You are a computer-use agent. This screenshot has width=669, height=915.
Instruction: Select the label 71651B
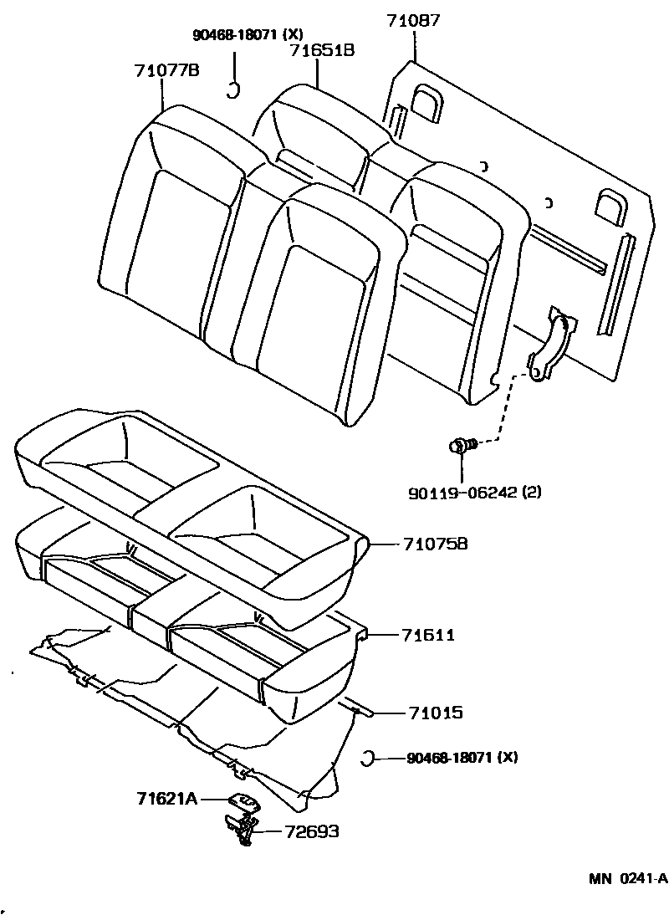pyautogui.click(x=322, y=50)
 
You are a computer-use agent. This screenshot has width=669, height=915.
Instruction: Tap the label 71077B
pyautogui.click(x=166, y=70)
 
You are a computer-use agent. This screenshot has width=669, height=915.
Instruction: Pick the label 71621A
pyautogui.click(x=166, y=799)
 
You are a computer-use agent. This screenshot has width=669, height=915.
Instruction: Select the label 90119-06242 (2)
pyautogui.click(x=475, y=492)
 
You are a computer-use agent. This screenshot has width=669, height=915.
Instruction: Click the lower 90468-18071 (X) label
pyautogui.click(x=462, y=759)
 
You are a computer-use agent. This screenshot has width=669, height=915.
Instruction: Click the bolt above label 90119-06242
pyautogui.click(x=462, y=447)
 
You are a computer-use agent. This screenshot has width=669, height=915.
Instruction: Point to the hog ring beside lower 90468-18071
pyautogui.click(x=365, y=759)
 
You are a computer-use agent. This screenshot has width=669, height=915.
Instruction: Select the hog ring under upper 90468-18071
pyautogui.click(x=235, y=88)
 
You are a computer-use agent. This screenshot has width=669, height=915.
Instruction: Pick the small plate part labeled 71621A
pyautogui.click(x=243, y=801)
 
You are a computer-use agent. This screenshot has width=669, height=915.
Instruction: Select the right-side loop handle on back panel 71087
pyautogui.click(x=610, y=205)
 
